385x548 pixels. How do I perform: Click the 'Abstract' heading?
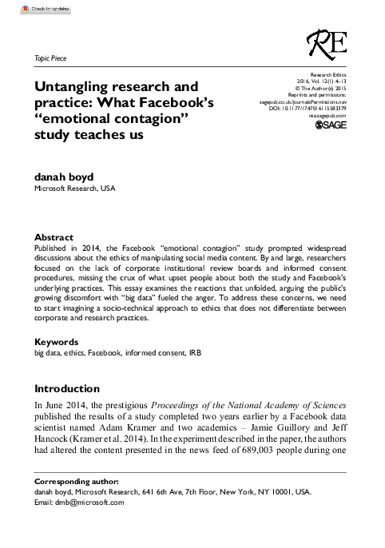(54, 238)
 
